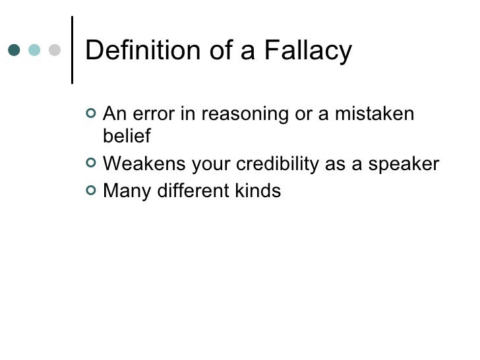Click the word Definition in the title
[140, 51]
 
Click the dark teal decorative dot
[15, 51]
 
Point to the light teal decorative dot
[34, 51]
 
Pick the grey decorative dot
[54, 51]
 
